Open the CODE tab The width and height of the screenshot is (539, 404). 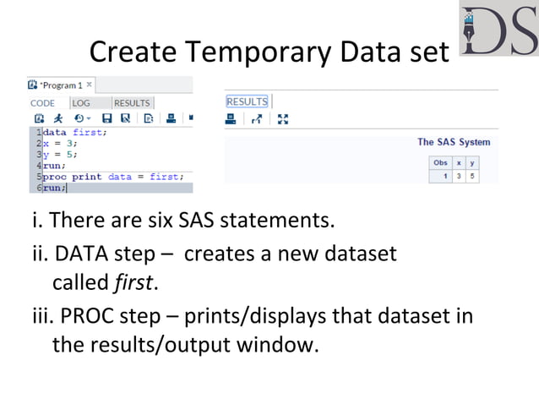click(x=42, y=103)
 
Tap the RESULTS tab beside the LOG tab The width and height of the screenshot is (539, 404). click(x=132, y=103)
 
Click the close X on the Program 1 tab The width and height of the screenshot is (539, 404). click(x=90, y=85)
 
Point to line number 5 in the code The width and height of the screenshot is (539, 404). click(x=39, y=177)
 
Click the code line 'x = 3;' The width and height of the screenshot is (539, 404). click(x=63, y=144)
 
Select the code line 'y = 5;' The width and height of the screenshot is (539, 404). click(x=63, y=155)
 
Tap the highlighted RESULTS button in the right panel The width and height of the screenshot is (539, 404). click(x=247, y=101)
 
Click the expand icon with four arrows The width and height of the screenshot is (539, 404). click(x=283, y=119)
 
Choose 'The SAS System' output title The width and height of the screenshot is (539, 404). click(x=453, y=142)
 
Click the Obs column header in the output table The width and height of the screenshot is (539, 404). click(x=440, y=161)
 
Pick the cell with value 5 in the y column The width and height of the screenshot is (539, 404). click(x=471, y=176)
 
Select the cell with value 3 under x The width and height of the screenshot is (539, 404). click(x=459, y=176)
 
